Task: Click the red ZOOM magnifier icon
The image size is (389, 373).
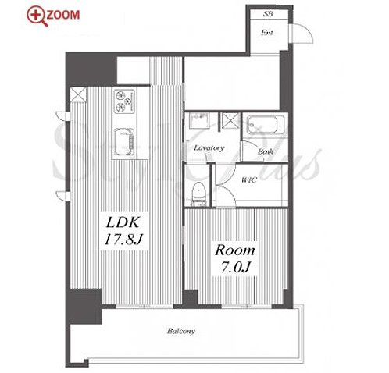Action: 37,16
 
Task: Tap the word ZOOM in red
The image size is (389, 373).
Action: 63,15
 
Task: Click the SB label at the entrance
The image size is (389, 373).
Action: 268,14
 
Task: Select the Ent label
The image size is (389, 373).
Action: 267,33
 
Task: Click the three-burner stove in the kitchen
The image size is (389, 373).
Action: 124,101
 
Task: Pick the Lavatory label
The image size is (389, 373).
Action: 209,148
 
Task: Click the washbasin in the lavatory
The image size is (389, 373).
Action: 199,120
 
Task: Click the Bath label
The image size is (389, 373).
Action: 266,151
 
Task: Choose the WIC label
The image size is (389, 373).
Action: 249,179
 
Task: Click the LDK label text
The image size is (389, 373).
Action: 123,222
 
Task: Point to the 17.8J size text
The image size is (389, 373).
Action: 123,240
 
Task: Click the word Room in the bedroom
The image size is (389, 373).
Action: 234,250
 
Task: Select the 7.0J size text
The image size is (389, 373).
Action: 236,267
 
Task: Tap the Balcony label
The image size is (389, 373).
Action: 181,331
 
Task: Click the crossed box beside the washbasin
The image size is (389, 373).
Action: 231,121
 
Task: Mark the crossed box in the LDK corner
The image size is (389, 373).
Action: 78,94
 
